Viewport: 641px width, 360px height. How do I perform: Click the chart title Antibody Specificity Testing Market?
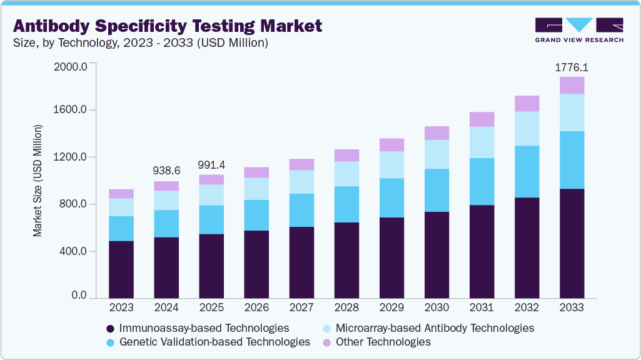(168, 26)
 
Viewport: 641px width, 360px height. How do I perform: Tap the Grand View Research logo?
(579, 29)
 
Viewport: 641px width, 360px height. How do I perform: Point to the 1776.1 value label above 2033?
(572, 67)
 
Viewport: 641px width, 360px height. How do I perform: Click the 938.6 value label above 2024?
(166, 171)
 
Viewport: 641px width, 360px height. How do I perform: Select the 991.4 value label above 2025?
(211, 164)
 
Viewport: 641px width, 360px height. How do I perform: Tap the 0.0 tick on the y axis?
(78, 294)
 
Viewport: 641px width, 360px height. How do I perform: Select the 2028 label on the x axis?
(346, 308)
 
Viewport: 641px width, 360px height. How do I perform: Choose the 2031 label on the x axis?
(482, 308)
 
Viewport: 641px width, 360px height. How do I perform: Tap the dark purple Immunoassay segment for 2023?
(121, 269)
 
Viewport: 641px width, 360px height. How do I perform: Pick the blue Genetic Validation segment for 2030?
(437, 190)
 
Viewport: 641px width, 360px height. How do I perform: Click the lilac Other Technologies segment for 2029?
(391, 144)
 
